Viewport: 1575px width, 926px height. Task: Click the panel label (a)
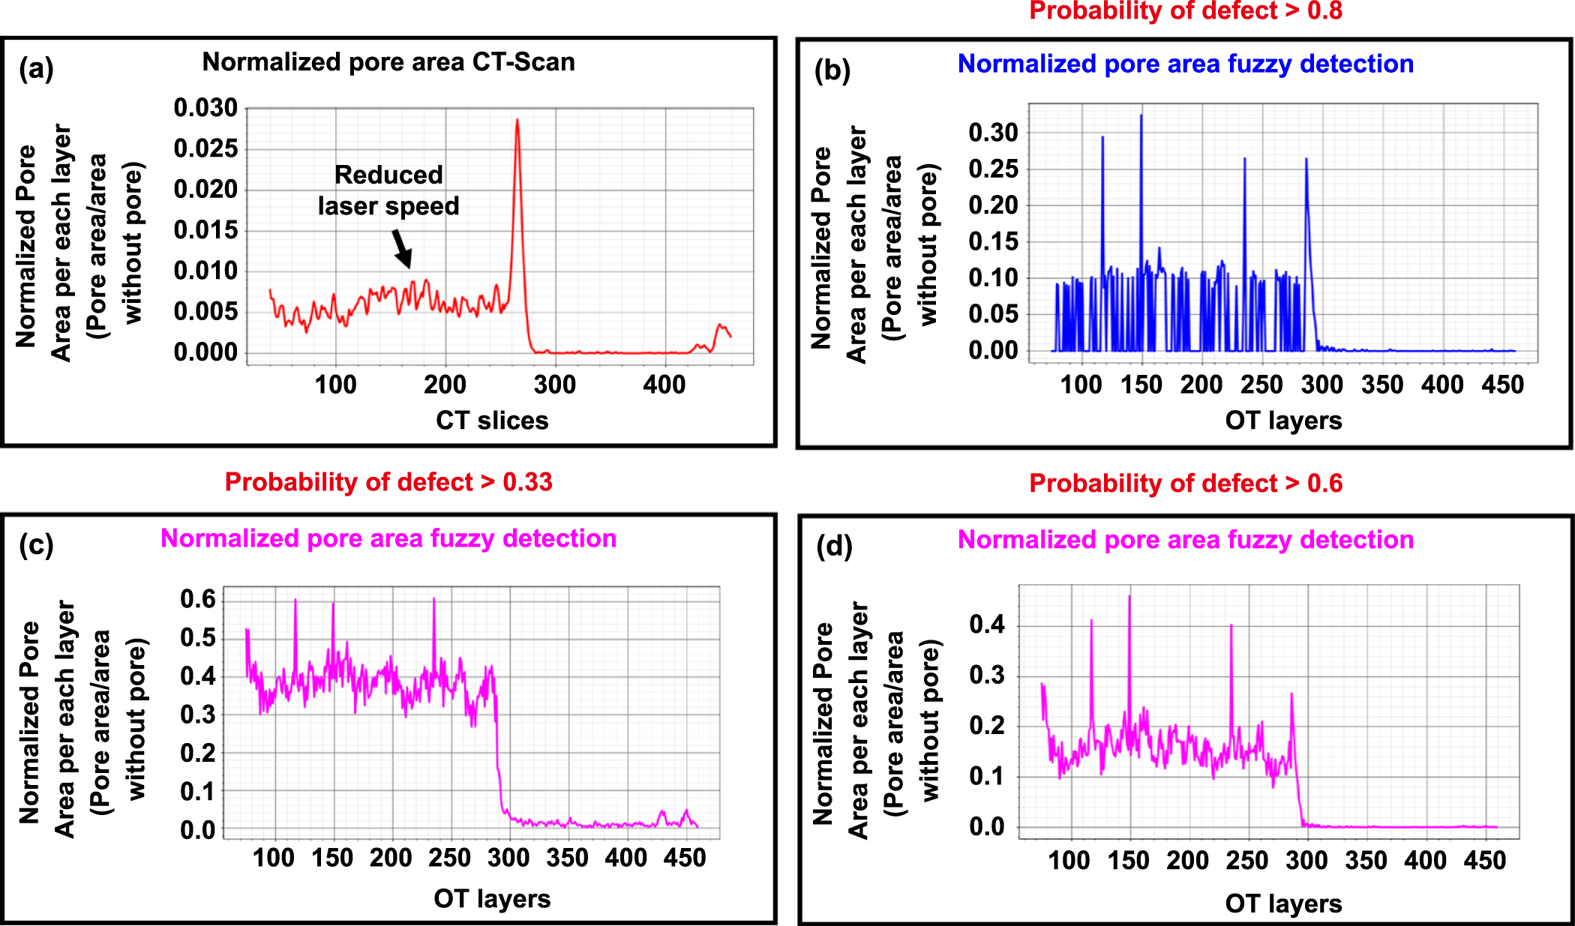36,69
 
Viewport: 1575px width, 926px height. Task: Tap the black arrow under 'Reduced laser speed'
402,249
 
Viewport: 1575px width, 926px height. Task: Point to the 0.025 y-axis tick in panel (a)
205,148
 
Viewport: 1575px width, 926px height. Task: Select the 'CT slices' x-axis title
492,421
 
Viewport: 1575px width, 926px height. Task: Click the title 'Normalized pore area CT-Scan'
388,62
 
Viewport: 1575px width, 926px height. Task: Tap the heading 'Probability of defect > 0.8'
1185,11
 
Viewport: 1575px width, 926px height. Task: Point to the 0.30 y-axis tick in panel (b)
993,133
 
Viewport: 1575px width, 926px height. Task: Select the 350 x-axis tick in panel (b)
1381,385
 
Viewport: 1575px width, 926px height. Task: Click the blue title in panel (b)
1185,64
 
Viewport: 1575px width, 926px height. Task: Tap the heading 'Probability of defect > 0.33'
388,482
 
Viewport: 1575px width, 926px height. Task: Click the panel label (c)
36,545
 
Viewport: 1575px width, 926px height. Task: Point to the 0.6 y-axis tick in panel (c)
198,599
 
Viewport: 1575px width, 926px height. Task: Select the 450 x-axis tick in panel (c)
684,858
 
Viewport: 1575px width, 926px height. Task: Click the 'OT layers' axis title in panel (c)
492,898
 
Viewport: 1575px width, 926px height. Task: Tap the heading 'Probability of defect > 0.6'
1185,484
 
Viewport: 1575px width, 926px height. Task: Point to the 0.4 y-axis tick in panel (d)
987,625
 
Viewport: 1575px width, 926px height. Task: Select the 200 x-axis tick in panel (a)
445,385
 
